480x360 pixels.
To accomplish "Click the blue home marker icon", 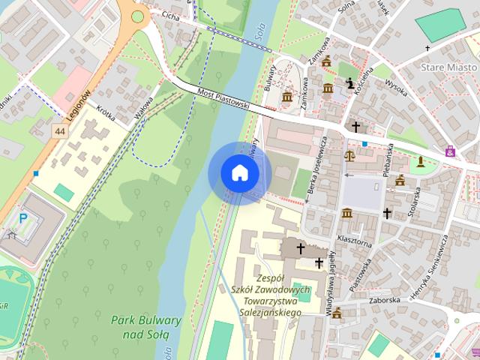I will tap(239, 172).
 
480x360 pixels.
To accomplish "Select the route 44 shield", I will tap(58, 131).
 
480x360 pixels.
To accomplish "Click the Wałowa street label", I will tap(143, 107).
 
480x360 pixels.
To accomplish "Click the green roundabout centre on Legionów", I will tap(137, 15).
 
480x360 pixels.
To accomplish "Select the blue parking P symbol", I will tap(22, 217).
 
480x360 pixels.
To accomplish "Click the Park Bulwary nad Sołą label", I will tap(146, 326).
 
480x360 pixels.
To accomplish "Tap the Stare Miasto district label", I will tap(449, 67).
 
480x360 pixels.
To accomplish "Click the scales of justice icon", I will tap(349, 156).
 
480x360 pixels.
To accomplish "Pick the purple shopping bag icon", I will tap(449, 151).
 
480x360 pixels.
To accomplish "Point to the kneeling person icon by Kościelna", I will tap(349, 83).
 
